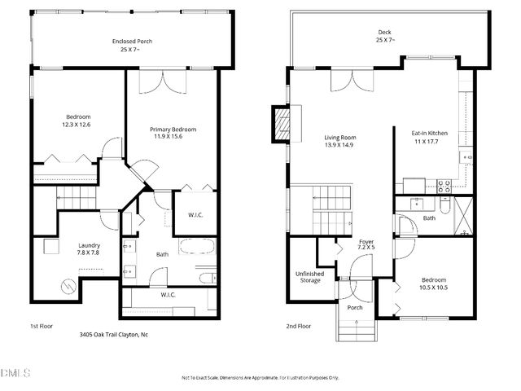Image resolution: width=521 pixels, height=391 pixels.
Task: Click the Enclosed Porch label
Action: [x=132, y=42]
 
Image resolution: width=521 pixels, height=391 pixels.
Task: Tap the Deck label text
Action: [x=384, y=33]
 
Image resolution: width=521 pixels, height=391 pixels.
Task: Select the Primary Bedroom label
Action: [x=173, y=130]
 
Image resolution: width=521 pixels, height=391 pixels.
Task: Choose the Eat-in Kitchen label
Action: [x=430, y=132]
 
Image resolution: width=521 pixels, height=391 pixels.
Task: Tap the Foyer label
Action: [x=366, y=243]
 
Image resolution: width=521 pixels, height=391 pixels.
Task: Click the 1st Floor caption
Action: [x=42, y=326]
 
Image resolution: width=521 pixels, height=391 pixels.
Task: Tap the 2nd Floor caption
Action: [x=298, y=326]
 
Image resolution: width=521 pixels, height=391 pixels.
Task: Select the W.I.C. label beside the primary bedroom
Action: [x=196, y=215]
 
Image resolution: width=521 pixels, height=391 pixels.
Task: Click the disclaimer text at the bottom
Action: [x=260, y=378]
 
